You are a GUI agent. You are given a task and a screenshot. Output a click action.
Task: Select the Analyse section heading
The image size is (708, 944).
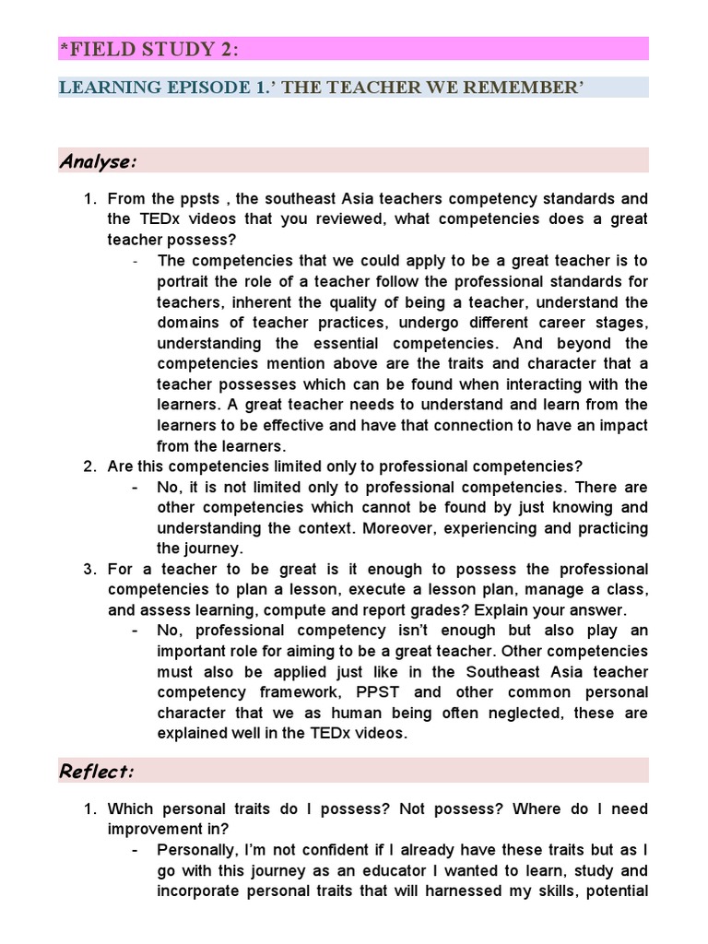point(99,161)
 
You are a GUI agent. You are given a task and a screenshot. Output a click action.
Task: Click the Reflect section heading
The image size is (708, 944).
point(97,771)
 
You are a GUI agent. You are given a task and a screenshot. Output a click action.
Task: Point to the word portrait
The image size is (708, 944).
point(183,281)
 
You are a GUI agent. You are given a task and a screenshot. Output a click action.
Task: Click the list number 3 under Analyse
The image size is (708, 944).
point(90,569)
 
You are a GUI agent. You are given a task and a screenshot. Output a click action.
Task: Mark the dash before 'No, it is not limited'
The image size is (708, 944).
point(136,487)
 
